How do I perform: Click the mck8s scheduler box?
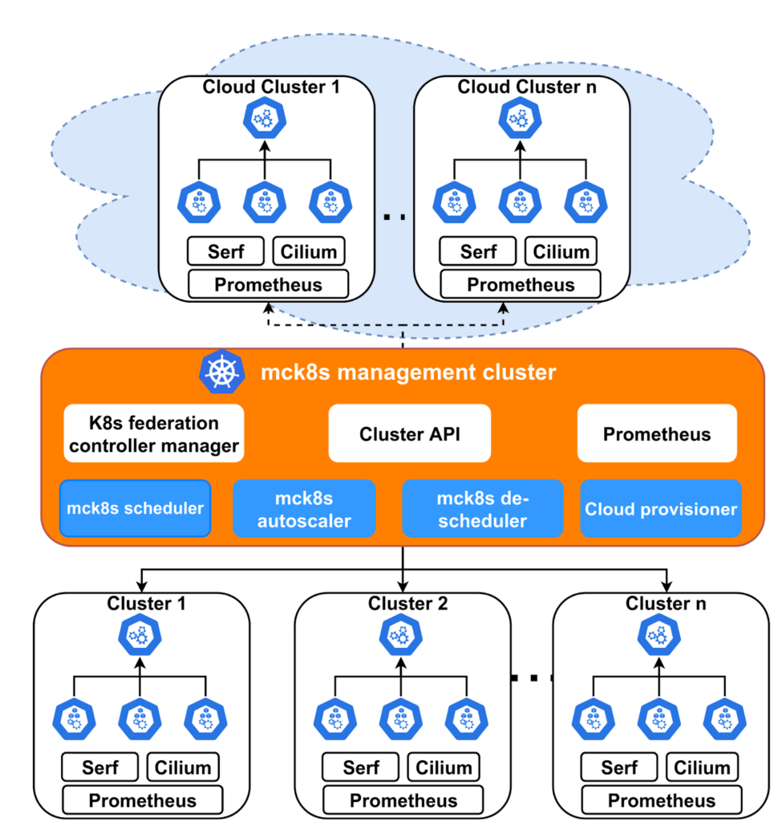(x=135, y=508)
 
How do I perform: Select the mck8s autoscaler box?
(x=303, y=509)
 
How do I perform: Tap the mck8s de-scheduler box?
(x=483, y=509)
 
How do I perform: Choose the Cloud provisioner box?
(x=660, y=509)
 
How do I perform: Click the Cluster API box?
(x=409, y=434)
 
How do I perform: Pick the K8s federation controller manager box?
(x=154, y=434)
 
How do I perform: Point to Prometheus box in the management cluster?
(x=657, y=434)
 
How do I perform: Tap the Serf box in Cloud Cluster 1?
(x=225, y=251)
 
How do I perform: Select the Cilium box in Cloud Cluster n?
(x=561, y=251)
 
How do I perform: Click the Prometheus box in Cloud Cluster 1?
(x=268, y=284)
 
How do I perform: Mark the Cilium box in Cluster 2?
(x=444, y=767)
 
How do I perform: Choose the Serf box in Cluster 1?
(x=100, y=767)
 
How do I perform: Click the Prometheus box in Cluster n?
(x=662, y=800)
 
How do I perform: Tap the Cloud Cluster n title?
(x=521, y=87)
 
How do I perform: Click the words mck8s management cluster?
(x=408, y=372)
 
